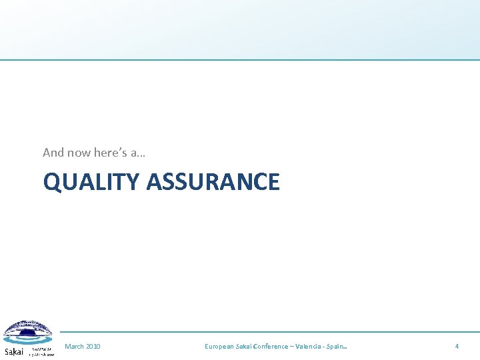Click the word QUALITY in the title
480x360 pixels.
tap(91, 182)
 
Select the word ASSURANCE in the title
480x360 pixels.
tap(213, 182)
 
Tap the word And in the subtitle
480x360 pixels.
tap(53, 153)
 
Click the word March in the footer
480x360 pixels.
tap(74, 347)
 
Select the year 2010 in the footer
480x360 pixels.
tap(93, 347)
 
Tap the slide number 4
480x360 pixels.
tap(457, 347)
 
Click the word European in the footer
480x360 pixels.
tap(219, 347)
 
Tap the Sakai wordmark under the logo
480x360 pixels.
tap(14, 351)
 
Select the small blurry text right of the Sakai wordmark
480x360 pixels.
tap(41, 351)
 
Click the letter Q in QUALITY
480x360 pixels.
tap(52, 182)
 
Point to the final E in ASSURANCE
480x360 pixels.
tap(273, 182)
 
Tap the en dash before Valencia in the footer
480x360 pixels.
tap(293, 347)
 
